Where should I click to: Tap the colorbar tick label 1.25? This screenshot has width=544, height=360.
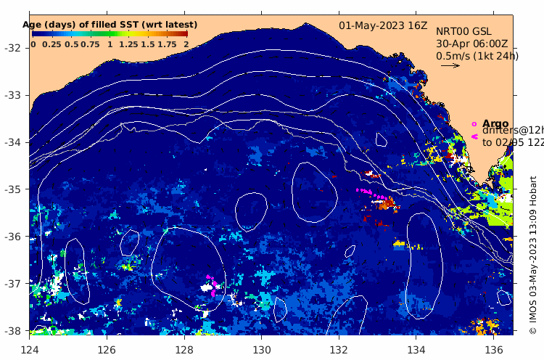(x=128, y=44)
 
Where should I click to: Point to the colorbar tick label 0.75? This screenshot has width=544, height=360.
(x=90, y=44)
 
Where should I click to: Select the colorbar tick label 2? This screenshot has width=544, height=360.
(x=186, y=44)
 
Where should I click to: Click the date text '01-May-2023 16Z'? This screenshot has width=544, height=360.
(x=384, y=25)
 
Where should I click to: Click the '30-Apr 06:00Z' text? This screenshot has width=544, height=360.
(x=472, y=44)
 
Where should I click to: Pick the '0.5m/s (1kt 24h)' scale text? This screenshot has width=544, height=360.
(x=477, y=56)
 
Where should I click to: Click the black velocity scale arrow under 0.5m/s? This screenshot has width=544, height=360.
(x=450, y=65)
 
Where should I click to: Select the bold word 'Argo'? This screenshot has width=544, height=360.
(x=496, y=124)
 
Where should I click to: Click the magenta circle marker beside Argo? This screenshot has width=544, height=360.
(x=474, y=124)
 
